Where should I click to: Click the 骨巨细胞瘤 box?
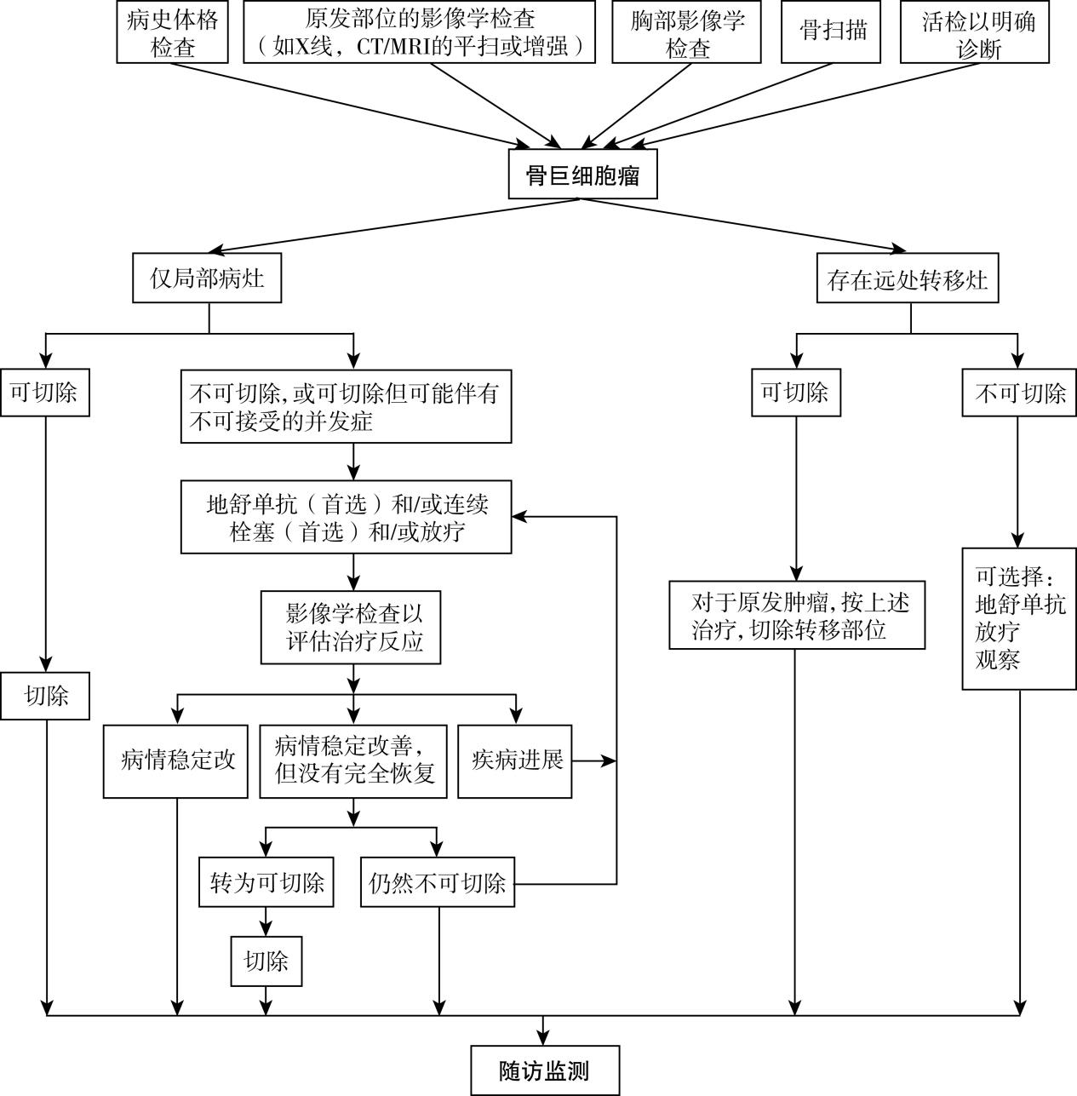(582, 175)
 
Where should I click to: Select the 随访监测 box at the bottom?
(544, 1070)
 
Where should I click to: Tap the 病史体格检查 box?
(172, 32)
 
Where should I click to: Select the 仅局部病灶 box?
(207, 278)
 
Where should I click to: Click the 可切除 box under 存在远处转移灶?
(795, 393)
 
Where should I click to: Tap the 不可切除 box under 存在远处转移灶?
(1019, 393)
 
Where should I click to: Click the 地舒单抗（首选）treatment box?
(346, 517)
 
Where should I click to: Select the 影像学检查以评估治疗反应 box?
(351, 627)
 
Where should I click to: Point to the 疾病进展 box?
(514, 760)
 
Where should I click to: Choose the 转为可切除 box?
(266, 883)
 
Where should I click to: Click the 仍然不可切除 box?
(438, 883)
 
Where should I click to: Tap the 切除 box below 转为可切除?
(266, 961)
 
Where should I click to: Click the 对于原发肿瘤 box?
(797, 615)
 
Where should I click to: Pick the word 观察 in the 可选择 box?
(998, 659)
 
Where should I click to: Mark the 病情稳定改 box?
(176, 760)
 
